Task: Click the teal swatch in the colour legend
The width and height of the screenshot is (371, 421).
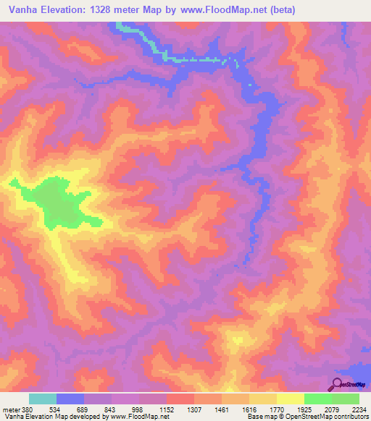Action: pos(43,399)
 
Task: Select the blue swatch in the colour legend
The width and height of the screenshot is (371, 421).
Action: pos(70,399)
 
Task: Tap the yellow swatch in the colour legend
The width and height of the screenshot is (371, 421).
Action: pos(290,399)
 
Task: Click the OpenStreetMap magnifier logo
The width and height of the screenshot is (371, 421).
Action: pos(338,384)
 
